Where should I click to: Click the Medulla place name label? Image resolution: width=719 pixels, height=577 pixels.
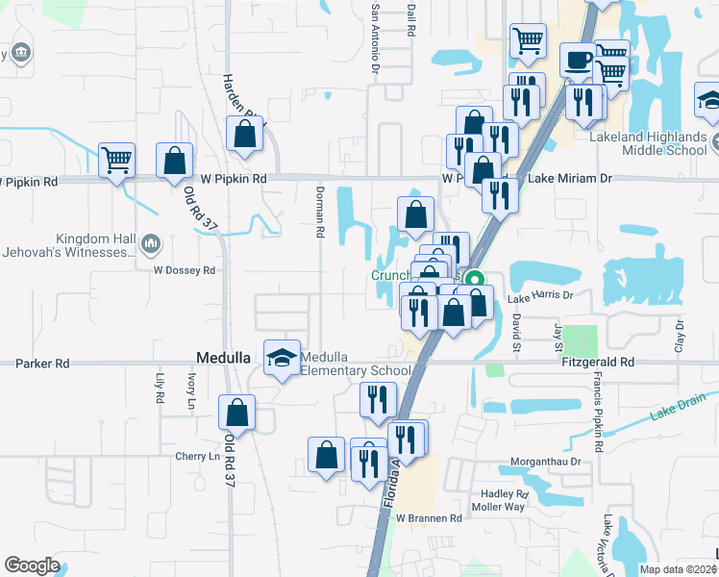tap(224, 357)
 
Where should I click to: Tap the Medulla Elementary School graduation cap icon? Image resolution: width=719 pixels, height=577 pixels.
tap(282, 358)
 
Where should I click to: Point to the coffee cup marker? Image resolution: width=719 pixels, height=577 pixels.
tap(578, 60)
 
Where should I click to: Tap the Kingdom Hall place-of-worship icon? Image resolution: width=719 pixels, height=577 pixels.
tap(150, 244)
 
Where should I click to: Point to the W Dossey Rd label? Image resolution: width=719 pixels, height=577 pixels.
tap(184, 270)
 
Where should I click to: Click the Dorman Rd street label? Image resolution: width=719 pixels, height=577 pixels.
tap(320, 213)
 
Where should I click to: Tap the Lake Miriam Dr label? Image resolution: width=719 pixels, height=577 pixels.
tap(570, 179)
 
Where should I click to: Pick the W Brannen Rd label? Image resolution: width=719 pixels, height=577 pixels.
tap(429, 517)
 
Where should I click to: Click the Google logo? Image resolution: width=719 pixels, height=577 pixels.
tap(33, 565)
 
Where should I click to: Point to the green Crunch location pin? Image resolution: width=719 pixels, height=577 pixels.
tap(473, 281)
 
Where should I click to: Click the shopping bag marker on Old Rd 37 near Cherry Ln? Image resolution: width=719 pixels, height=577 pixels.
tap(236, 413)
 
